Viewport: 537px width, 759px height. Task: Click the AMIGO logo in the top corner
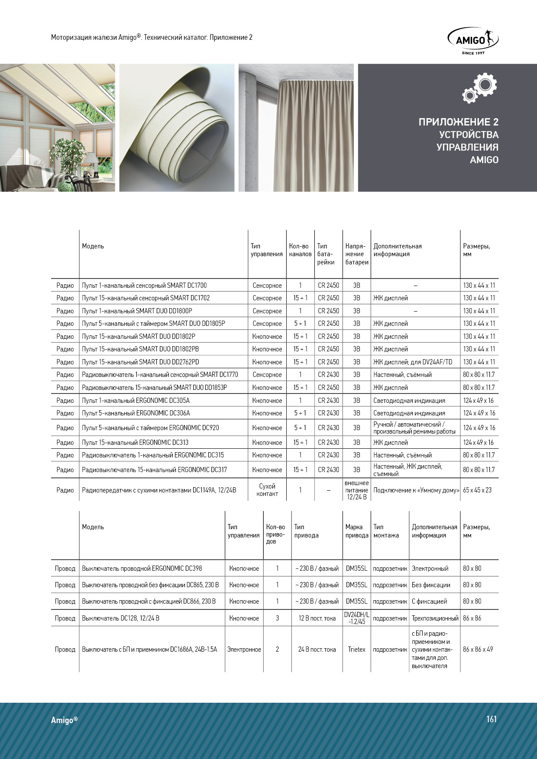pyautogui.click(x=473, y=41)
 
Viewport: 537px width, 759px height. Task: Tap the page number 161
pyautogui.click(x=492, y=719)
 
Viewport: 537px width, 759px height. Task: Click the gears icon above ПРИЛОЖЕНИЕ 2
pyautogui.click(x=480, y=88)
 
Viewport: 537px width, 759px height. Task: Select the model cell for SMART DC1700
pyautogui.click(x=144, y=286)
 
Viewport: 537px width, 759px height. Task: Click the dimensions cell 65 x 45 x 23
pyautogui.click(x=477, y=490)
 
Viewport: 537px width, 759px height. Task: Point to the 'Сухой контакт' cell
pyautogui.click(x=267, y=490)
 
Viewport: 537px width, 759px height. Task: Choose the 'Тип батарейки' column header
pyautogui.click(x=326, y=254)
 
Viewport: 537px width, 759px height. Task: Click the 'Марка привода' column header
pyautogui.click(x=356, y=531)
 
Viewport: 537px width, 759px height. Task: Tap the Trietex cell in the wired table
pyautogui.click(x=356, y=650)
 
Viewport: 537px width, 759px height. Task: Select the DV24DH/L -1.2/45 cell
pyautogui.click(x=356, y=618)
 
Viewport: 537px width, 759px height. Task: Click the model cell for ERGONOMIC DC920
pyautogui.click(x=150, y=428)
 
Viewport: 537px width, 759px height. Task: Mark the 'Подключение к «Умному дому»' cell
pyautogui.click(x=416, y=490)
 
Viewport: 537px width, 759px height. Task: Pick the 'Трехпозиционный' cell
pyautogui.click(x=435, y=618)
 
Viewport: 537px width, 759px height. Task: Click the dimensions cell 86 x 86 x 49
pyautogui.click(x=478, y=650)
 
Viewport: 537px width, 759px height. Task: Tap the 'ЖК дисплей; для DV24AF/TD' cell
pyautogui.click(x=413, y=362)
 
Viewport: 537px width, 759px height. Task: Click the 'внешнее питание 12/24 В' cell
pyautogui.click(x=356, y=490)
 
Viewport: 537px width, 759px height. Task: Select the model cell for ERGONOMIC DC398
pyautogui.click(x=142, y=569)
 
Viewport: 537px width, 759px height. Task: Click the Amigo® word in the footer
pyautogui.click(x=64, y=720)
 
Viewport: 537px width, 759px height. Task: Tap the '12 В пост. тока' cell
pyautogui.click(x=317, y=618)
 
